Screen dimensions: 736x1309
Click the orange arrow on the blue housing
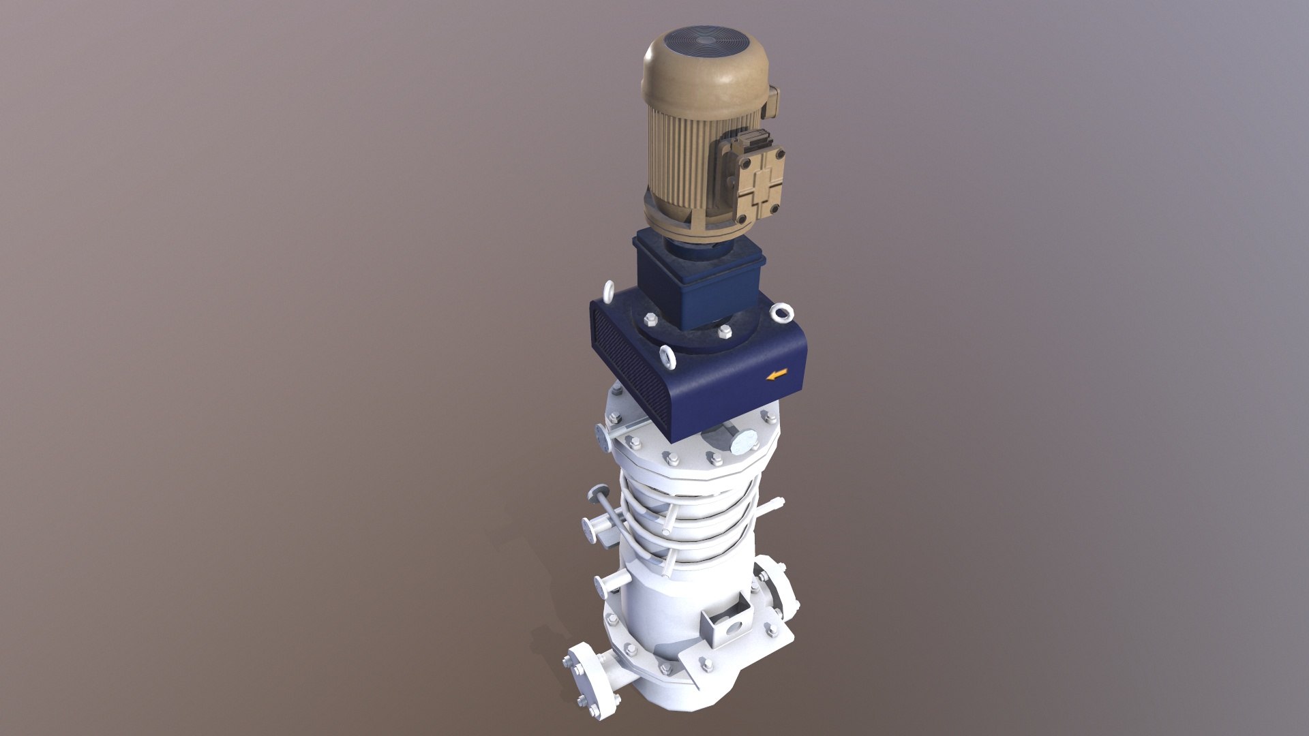point(777,373)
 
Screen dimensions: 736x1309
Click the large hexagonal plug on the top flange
point(743,442)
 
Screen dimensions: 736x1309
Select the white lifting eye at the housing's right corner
point(781,313)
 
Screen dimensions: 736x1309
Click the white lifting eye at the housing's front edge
point(667,356)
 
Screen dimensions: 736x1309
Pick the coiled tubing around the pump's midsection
point(689,518)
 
